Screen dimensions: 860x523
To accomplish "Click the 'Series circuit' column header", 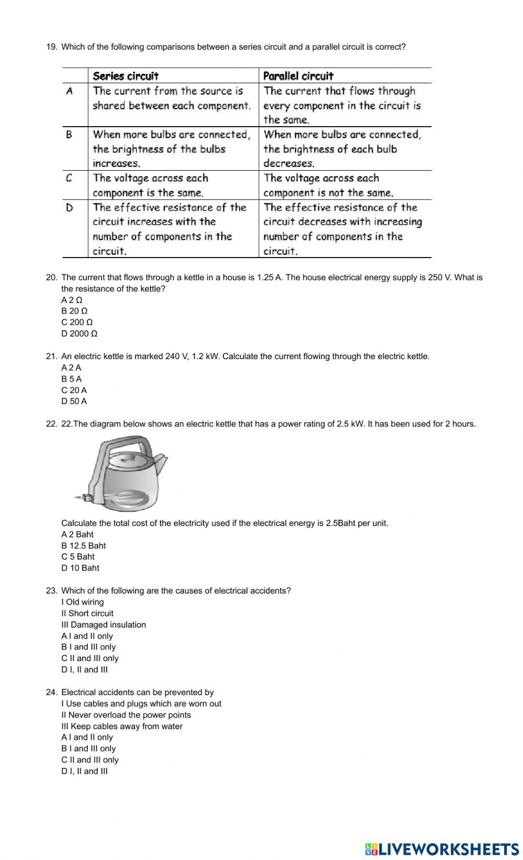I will pos(126,76).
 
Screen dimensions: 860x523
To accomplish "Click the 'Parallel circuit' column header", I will pos(298,76).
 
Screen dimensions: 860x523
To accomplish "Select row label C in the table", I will pos(69,178).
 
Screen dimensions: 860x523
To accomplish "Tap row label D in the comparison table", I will pos(69,208).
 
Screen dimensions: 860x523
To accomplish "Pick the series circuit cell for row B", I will pos(172,149).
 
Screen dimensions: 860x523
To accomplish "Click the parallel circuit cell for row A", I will pos(342,105).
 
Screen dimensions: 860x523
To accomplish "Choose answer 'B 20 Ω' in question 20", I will pos(74,311).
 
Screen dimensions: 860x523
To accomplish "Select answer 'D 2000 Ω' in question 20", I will pos(79,333).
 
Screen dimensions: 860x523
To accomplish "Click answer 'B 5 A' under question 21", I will pos(72,379).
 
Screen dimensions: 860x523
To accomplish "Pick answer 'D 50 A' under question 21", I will pos(74,401).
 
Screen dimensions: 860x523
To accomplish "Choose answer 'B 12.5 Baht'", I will pos(84,545).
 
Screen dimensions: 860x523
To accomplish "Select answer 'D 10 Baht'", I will pos(80,568).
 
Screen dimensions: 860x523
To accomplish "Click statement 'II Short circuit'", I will pos(87,613).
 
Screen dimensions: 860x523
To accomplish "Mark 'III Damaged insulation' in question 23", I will pos(104,624).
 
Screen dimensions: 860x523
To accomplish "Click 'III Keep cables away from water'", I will pos(122,726).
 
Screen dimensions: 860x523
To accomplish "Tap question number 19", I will pos(51,47).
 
